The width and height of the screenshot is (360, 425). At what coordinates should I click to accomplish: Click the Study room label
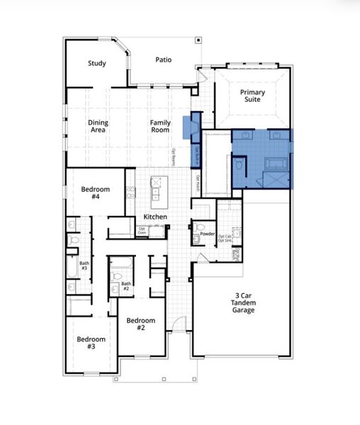point(97,64)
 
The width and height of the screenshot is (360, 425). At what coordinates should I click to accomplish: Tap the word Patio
point(163,60)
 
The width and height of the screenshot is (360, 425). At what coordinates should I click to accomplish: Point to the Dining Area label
point(99,127)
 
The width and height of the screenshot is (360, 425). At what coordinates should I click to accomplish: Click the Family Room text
point(160,127)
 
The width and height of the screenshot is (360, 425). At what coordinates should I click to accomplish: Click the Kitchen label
point(155,216)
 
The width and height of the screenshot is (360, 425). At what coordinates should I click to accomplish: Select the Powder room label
point(208,233)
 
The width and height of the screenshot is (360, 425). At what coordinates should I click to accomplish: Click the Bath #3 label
point(84,266)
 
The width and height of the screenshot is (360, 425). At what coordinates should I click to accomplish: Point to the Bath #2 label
point(125,287)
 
